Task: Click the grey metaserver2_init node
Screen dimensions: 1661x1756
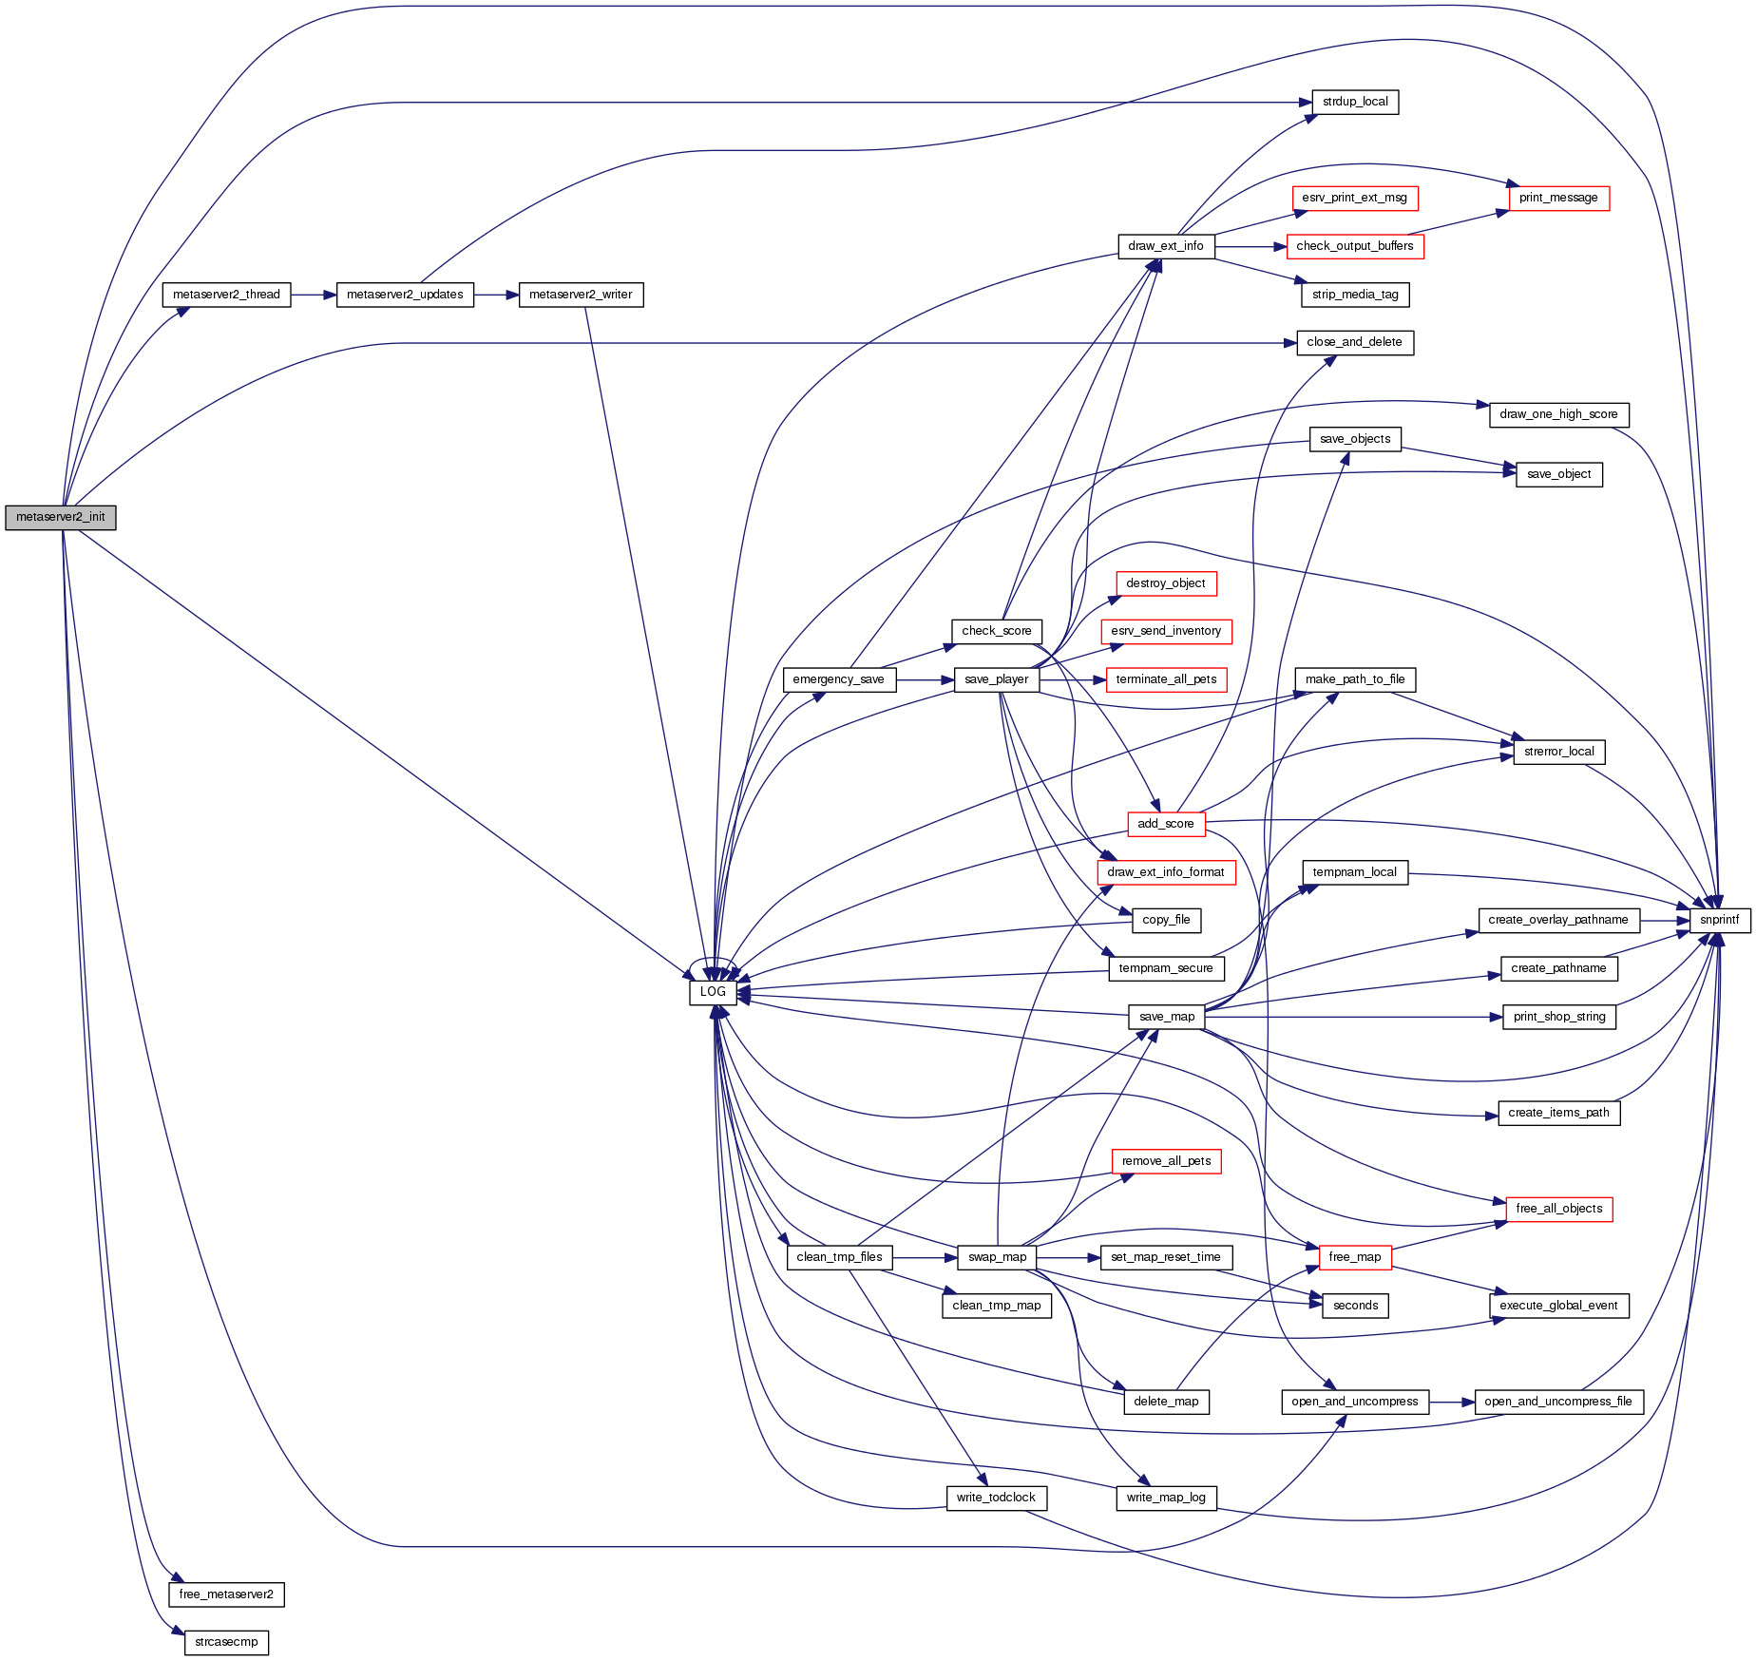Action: pyautogui.click(x=61, y=518)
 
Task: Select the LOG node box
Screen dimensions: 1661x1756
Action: pyautogui.click(x=713, y=992)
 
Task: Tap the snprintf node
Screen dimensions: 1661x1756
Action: pyautogui.click(x=1719, y=920)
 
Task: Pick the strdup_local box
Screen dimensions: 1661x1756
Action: pyautogui.click(x=1354, y=102)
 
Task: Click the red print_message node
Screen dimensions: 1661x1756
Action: pyautogui.click(x=1558, y=198)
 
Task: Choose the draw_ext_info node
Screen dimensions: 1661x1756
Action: pyautogui.click(x=1165, y=246)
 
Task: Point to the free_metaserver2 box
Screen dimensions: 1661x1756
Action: pyautogui.click(x=226, y=1594)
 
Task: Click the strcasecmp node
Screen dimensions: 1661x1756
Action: pyautogui.click(x=226, y=1642)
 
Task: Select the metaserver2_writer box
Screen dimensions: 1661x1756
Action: pyautogui.click(x=581, y=295)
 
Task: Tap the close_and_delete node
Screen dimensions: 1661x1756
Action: pyautogui.click(x=1354, y=342)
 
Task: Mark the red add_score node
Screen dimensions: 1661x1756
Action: pyautogui.click(x=1165, y=824)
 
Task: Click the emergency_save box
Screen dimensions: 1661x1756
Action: pyautogui.click(x=838, y=679)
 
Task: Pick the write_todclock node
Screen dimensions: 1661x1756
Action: pyautogui.click(x=996, y=1498)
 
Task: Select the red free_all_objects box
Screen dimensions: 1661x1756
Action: pyautogui.click(x=1558, y=1209)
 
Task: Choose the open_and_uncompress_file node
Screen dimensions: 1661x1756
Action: pyautogui.click(x=1558, y=1402)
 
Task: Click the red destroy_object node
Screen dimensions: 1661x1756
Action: pyautogui.click(x=1165, y=583)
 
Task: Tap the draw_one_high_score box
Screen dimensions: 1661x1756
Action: pyautogui.click(x=1558, y=414)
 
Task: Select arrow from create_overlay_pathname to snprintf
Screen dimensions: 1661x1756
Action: pyautogui.click(x=1664, y=920)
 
